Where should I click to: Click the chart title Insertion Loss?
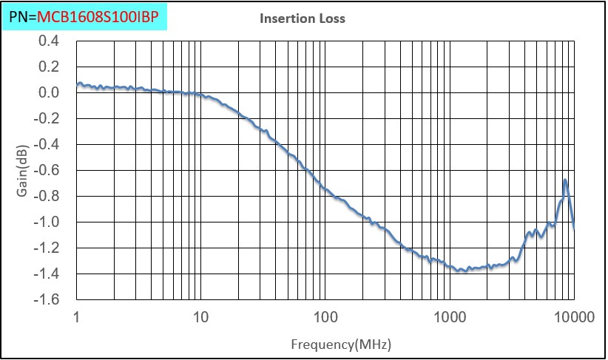[x=302, y=18]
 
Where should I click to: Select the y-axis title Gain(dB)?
[x=23, y=171]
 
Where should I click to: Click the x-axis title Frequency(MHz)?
[x=340, y=344]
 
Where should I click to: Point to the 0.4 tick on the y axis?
[x=49, y=41]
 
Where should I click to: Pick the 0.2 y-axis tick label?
[x=49, y=67]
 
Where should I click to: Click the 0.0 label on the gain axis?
[x=49, y=92]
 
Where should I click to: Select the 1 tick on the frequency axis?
[x=77, y=317]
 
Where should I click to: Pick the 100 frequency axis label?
[x=324, y=317]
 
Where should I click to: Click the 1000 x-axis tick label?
[x=447, y=317]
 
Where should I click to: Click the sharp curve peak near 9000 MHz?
[x=565, y=180]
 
